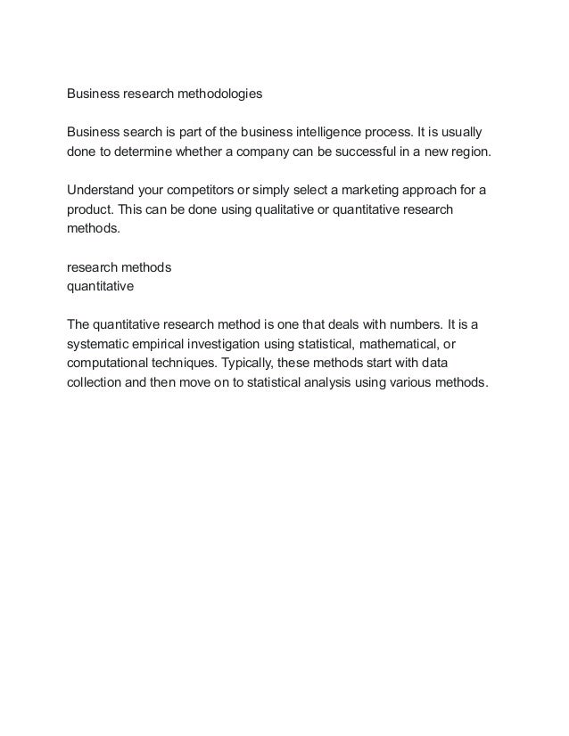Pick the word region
[465, 152]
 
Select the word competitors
[211, 192]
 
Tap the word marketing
[369, 192]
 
